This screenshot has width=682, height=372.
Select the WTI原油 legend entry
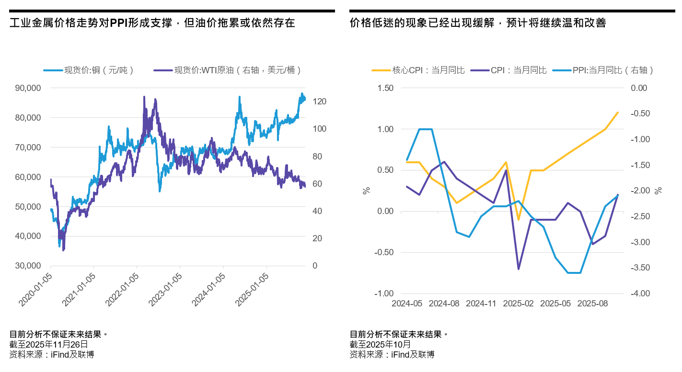click(228, 70)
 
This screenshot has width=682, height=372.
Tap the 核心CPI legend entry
click(418, 70)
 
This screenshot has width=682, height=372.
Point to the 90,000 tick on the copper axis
click(28, 88)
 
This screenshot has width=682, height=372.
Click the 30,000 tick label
click(28, 266)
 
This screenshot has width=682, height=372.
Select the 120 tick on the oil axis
click(320, 102)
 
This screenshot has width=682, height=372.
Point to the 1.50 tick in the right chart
click(385, 88)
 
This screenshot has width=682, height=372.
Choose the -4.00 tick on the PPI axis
click(638, 293)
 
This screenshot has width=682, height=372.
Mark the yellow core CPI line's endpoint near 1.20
click(618, 113)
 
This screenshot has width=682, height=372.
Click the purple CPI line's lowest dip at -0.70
click(519, 269)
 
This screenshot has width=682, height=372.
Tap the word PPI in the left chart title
click(119, 23)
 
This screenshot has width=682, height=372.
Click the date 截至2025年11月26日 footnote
click(48, 344)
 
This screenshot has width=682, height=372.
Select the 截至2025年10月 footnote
click(381, 344)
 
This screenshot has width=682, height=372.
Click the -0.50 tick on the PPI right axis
click(638, 113)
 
